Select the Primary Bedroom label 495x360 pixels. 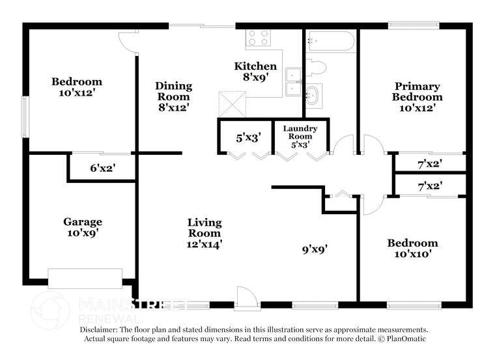pyautogui.click(x=416, y=92)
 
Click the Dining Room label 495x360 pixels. pyautogui.click(x=173, y=91)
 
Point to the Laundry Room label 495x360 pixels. pyautogui.click(x=300, y=133)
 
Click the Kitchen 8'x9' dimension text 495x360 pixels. pyautogui.click(x=255, y=77)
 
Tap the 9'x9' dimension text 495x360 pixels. pyautogui.click(x=314, y=248)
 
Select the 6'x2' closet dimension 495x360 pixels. pyautogui.click(x=103, y=168)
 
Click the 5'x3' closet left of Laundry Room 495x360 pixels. pyautogui.click(x=248, y=138)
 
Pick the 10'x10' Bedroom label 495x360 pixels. pyautogui.click(x=412, y=248)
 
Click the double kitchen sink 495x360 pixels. pyautogui.click(x=294, y=82)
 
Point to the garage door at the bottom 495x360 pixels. pyautogui.click(x=85, y=278)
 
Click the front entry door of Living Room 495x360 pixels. pyautogui.click(x=246, y=298)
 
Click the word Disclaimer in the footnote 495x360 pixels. pyautogui.click(x=98, y=330)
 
